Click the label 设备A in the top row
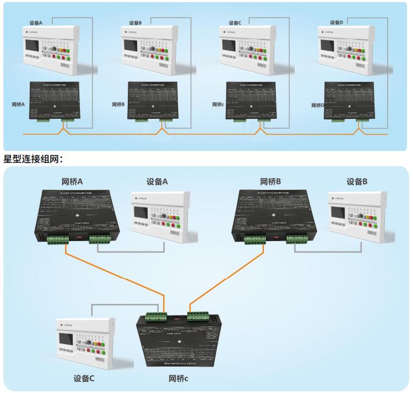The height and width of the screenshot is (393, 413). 39,24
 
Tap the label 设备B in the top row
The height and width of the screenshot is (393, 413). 135,23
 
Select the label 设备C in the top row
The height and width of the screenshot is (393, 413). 235,23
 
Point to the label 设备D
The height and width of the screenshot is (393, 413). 336,23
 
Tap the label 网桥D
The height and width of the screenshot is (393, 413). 314,104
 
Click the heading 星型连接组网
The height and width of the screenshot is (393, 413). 34,159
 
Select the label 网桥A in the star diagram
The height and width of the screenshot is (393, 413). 72,181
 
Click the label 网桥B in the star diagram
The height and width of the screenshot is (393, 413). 270,181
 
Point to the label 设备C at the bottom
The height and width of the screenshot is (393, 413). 84,379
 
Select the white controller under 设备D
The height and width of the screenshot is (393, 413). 345,49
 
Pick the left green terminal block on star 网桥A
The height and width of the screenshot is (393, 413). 58,239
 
